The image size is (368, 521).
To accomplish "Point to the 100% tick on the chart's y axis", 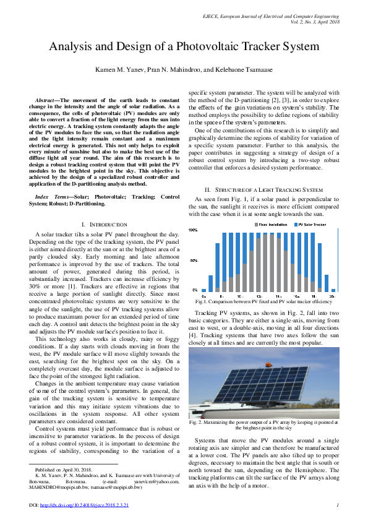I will pyautogui.click(x=193, y=230).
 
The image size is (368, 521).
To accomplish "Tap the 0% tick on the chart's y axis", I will pyautogui.click(x=195, y=290).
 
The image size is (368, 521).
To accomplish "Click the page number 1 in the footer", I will pyautogui.click(x=338, y=506).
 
